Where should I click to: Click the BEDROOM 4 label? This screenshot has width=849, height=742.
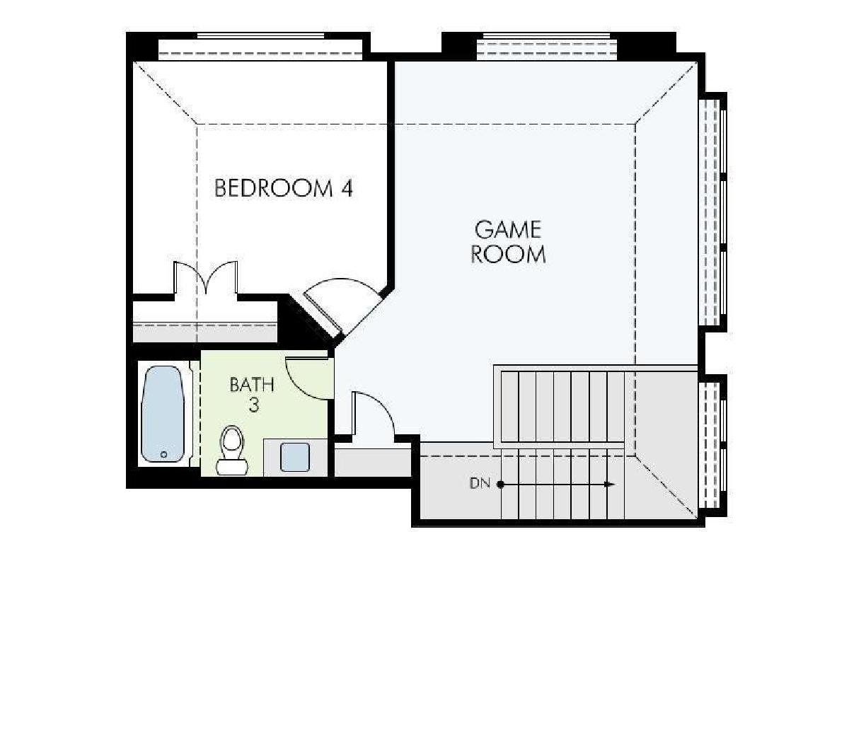(284, 188)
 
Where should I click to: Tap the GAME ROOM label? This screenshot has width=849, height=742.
(508, 242)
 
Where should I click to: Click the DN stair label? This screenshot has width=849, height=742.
(480, 484)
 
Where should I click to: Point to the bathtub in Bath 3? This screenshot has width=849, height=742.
(163, 414)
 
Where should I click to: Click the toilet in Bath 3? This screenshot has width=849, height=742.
(232, 451)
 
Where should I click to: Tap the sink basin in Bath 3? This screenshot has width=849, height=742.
(294, 458)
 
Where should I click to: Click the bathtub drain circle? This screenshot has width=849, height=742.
(163, 455)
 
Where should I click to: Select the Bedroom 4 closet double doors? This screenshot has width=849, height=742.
(206, 278)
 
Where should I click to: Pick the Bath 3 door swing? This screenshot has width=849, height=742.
(310, 378)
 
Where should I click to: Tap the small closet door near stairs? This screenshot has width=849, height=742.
(373, 413)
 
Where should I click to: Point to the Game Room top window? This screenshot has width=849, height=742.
(546, 45)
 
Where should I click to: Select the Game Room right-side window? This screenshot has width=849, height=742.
(712, 211)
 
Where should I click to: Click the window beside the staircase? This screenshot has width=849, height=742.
(712, 446)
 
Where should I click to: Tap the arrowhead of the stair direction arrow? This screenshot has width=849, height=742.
(610, 484)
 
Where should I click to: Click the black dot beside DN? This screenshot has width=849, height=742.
(500, 484)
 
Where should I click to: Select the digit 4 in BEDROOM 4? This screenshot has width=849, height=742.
(347, 188)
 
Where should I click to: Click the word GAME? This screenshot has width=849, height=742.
(508, 230)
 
